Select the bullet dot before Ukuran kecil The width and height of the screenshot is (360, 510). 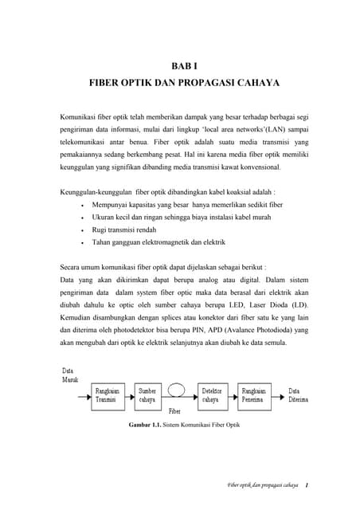84,217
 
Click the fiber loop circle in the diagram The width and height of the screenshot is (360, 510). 178,390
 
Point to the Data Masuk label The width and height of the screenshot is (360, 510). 72,375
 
